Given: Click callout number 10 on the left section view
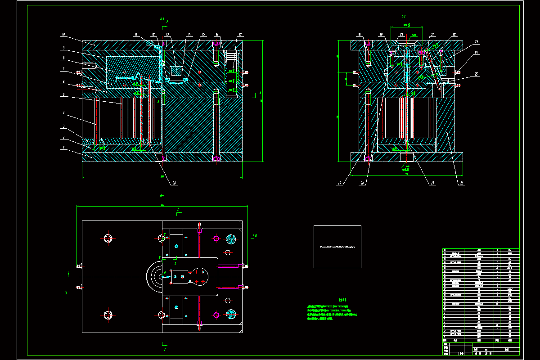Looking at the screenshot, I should (63, 34).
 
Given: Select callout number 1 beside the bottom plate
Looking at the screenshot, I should (64, 147).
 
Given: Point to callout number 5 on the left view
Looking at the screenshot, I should (63, 94).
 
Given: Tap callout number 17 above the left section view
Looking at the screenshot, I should (241, 34).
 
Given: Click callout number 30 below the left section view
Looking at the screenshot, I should (174, 183).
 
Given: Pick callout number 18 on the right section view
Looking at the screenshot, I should (360, 34).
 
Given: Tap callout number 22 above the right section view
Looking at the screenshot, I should (454, 34).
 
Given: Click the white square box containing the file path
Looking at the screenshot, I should (337, 247).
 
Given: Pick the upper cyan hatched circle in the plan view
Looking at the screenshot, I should (231, 238).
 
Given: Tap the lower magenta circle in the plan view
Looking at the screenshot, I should (216, 315).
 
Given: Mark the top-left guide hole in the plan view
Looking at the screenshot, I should (108, 238).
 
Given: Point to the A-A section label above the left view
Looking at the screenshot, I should (162, 19).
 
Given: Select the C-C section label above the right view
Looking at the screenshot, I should (404, 17).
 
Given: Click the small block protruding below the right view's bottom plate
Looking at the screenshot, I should (406, 157).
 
